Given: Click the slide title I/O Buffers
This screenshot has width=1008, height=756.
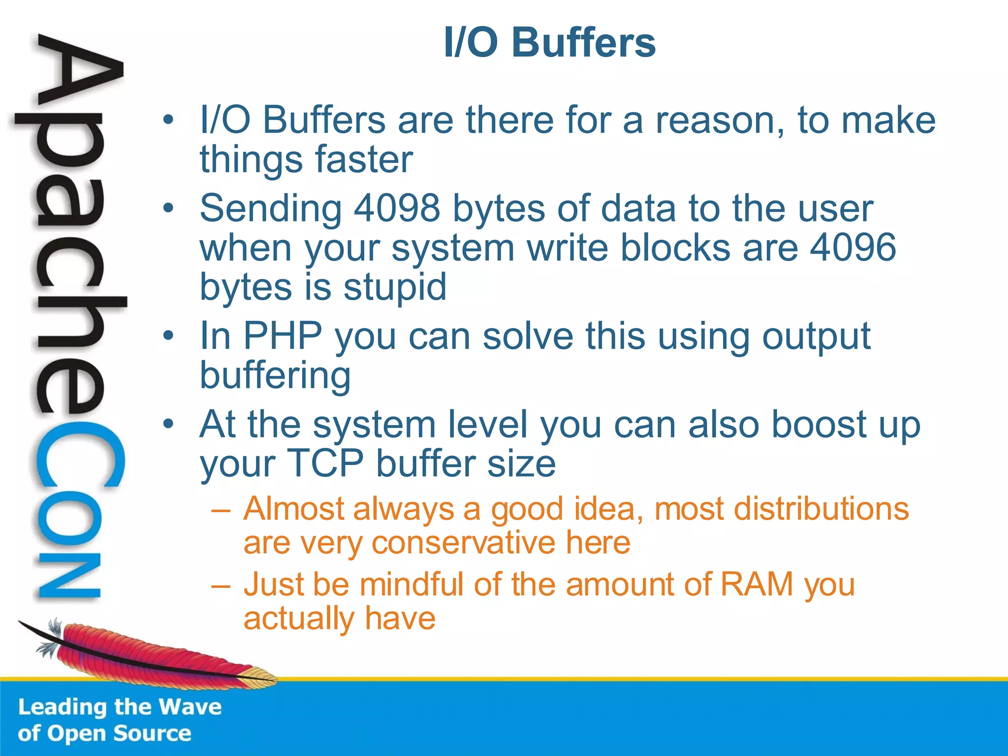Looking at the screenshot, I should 549,42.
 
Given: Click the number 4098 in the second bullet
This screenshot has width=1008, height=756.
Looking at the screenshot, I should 397,209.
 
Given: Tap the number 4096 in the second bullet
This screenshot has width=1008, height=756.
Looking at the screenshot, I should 852,248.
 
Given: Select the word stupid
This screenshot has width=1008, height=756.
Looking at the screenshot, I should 395,287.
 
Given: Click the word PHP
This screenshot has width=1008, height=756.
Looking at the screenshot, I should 283,336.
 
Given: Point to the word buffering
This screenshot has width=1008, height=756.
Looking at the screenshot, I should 275,376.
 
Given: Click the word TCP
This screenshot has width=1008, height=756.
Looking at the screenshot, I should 325,464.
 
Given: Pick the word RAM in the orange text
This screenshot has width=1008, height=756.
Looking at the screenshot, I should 757,585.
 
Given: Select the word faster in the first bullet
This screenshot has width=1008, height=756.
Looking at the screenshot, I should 363,160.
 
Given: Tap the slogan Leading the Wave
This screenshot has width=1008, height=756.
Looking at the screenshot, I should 120,707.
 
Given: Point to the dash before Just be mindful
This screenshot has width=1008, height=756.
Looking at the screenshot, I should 220,586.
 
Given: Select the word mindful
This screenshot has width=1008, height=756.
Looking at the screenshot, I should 411,585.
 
